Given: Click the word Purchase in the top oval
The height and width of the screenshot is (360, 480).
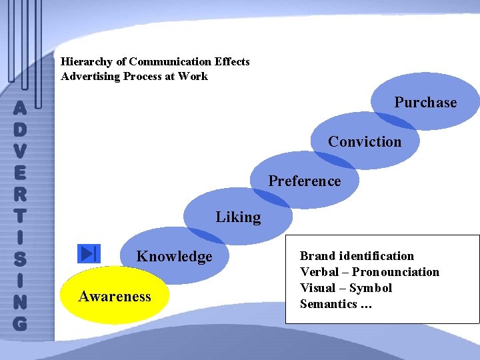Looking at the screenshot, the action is click(x=425, y=103).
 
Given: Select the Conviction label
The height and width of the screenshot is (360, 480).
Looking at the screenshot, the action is click(x=365, y=142).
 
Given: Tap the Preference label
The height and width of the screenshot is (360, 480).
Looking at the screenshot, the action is click(x=304, y=181).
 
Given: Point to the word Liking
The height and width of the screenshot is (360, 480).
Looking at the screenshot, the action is click(x=238, y=217).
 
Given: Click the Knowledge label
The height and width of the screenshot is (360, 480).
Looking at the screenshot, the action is click(x=174, y=257).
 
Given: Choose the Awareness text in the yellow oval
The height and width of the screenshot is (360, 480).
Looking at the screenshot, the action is click(x=115, y=297).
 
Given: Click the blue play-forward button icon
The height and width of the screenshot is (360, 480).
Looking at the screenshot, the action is click(x=89, y=254).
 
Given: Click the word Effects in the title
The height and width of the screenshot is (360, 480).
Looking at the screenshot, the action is click(x=232, y=62).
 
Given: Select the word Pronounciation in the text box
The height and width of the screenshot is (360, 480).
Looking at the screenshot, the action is click(x=395, y=272).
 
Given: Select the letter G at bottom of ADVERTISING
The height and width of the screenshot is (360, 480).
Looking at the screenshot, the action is click(x=20, y=323).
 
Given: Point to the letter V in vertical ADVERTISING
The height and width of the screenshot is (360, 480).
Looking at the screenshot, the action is click(x=20, y=150).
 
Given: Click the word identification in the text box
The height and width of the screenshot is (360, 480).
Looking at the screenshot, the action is click(x=376, y=256).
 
